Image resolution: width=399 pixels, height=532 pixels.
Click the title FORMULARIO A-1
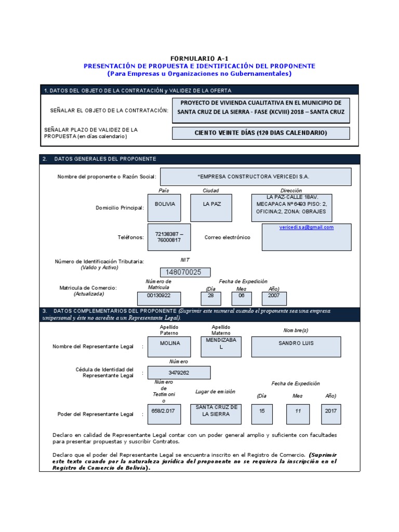(199, 59)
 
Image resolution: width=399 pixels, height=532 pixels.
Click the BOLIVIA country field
(165, 204)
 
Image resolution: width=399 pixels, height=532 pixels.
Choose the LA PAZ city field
(212, 204)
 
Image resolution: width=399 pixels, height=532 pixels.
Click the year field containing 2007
(273, 298)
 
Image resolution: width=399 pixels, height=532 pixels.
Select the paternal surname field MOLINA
(169, 343)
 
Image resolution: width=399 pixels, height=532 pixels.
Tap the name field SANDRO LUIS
(296, 343)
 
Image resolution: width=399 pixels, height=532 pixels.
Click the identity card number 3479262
(179, 373)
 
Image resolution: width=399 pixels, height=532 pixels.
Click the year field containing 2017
(330, 411)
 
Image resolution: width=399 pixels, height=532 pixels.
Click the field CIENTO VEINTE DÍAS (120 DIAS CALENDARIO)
(261, 133)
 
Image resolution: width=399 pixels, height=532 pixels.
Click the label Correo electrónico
(227, 237)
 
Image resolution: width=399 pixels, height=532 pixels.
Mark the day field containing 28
(211, 298)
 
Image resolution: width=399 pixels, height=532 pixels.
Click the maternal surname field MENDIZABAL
(221, 343)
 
